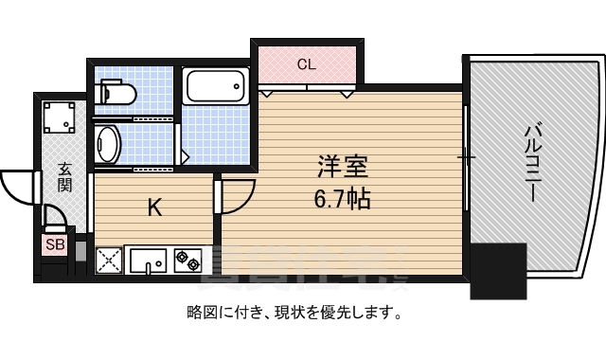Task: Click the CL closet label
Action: tap(305, 64)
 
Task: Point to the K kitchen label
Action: tap(153, 207)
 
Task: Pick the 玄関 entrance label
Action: tap(64, 177)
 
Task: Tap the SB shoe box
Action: tap(55, 245)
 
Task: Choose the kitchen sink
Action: tap(148, 259)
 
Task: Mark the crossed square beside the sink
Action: tap(110, 259)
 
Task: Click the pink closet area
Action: tap(305, 66)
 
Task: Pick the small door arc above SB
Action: tap(57, 220)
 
